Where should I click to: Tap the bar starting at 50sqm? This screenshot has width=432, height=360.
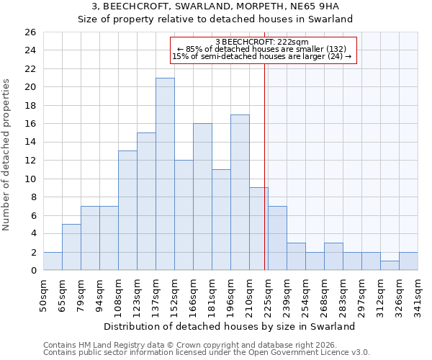(x=53, y=261)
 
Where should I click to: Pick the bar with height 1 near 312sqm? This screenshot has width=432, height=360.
(x=390, y=266)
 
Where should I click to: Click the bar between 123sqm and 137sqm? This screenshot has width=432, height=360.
(x=146, y=202)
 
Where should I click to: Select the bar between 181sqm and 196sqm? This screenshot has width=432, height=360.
(x=221, y=220)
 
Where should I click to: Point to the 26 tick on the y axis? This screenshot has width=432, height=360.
(x=30, y=32)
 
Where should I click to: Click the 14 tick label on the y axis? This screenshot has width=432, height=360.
(x=30, y=143)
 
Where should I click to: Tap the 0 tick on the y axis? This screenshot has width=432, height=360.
(x=33, y=271)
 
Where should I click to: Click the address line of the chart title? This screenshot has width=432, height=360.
(x=220, y=6)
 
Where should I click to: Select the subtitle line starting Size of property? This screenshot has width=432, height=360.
(x=220, y=19)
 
